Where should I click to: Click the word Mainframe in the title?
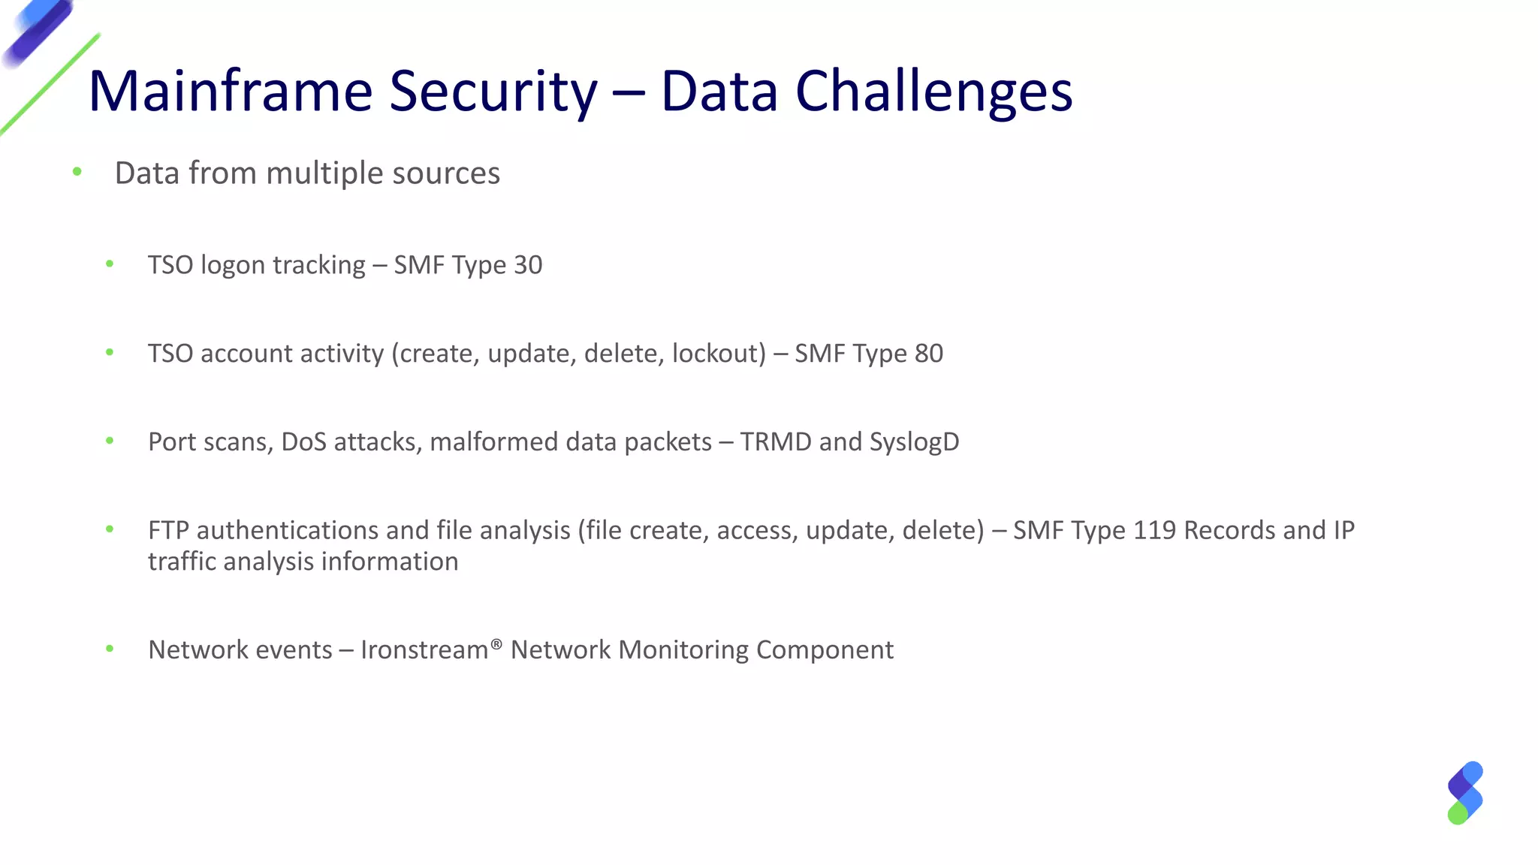point(230,92)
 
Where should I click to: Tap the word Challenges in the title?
point(933,92)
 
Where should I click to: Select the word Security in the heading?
point(493,92)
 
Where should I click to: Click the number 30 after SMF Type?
point(527,265)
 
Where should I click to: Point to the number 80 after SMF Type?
point(928,354)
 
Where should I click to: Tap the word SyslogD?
point(914,442)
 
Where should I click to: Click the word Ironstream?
point(424,650)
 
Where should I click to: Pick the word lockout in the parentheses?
point(718,354)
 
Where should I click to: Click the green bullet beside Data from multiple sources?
point(77,173)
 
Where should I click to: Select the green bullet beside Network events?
point(110,649)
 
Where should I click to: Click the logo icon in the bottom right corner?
point(1464,793)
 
